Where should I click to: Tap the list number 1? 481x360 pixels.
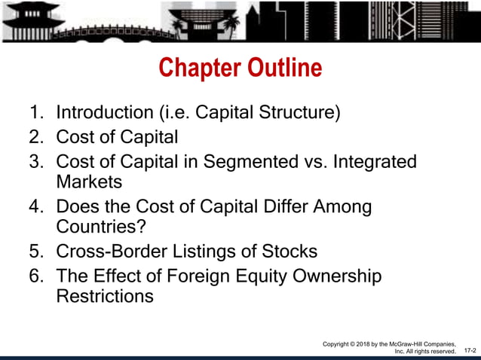tap(35, 114)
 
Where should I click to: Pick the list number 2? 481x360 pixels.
tap(35, 138)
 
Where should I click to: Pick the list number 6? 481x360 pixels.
tap(35, 276)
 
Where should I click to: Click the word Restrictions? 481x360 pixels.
tap(105, 296)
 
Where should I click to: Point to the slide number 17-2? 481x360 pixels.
tap(469, 351)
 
